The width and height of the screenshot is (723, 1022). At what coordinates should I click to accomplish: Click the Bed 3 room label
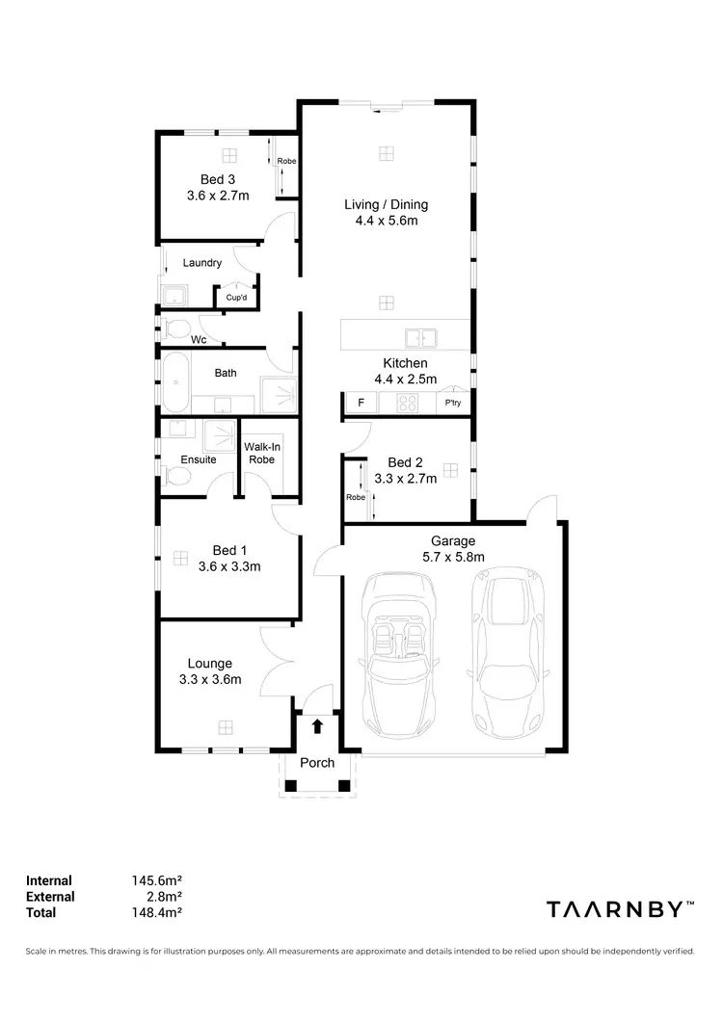coord(217,179)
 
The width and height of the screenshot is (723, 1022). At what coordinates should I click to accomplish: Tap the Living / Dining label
coord(386,204)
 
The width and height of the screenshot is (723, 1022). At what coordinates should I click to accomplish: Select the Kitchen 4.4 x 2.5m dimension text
coord(405,379)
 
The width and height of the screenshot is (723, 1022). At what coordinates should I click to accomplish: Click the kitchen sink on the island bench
coord(420,337)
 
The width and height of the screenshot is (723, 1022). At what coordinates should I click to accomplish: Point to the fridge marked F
coord(361,403)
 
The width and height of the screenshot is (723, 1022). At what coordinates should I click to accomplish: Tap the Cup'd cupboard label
coord(236,298)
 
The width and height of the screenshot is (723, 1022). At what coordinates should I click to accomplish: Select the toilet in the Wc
coord(175,328)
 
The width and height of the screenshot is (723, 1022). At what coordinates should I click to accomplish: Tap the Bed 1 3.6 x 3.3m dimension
coord(229,566)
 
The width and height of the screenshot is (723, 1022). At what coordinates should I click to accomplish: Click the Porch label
coord(317,763)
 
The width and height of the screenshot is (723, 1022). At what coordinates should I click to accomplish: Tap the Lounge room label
coord(209,663)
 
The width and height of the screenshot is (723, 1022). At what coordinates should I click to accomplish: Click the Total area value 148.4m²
coord(157,912)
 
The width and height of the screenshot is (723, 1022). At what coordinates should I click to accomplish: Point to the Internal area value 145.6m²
coord(157,879)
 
